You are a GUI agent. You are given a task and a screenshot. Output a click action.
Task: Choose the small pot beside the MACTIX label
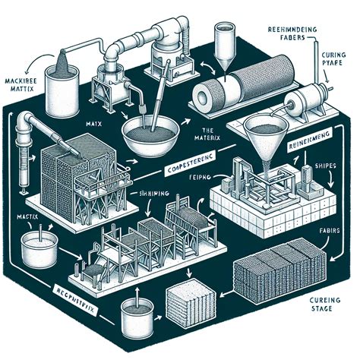(x=36, y=248)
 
